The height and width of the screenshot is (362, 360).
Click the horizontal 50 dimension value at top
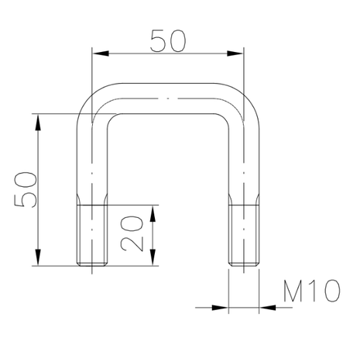(168, 41)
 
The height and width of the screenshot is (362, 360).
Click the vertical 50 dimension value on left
(26, 189)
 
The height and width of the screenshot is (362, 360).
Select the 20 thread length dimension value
(132, 233)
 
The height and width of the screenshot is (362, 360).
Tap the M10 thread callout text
(312, 291)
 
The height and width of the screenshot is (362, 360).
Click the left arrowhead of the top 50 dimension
(101, 53)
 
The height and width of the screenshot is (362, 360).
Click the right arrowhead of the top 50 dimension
(235, 53)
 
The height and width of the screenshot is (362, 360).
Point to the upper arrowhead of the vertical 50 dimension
(38, 122)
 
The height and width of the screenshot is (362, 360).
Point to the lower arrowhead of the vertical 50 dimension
(38, 257)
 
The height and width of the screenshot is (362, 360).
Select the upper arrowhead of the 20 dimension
(153, 213)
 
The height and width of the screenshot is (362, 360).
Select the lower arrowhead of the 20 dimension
(153, 257)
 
